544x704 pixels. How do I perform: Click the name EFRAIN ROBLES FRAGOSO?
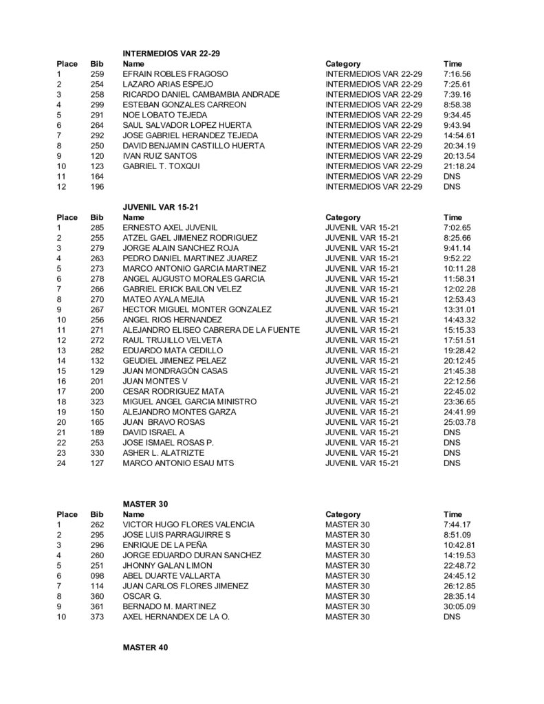[175, 74]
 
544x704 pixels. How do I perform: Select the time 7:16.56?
[457, 74]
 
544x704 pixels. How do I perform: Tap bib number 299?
[97, 104]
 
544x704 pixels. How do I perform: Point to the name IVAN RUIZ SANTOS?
[155, 156]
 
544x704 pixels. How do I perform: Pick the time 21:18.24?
[459, 166]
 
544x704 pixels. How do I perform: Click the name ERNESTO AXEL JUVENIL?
[170, 227]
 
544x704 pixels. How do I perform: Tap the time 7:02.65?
[457, 227]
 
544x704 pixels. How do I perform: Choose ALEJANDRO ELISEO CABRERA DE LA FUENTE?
[210, 330]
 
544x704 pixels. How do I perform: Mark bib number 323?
[97, 401]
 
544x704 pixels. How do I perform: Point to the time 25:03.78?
[459, 422]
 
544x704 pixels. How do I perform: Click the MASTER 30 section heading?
[145, 504]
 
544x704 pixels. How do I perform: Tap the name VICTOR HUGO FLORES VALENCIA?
[188, 525]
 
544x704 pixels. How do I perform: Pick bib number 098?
[97, 575]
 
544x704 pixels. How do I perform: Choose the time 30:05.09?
[459, 606]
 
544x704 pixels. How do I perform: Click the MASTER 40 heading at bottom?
[145, 648]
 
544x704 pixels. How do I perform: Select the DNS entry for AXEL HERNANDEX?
[452, 617]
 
